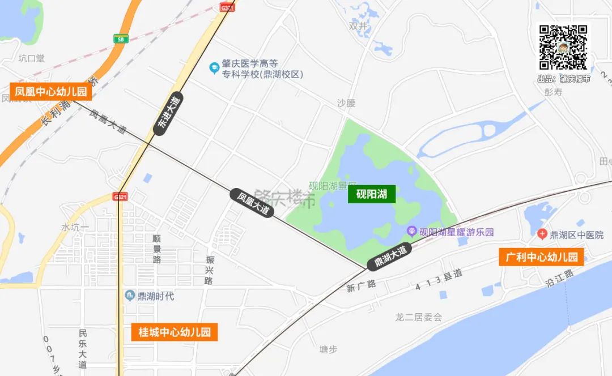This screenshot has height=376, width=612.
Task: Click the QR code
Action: pyautogui.click(x=563, y=48)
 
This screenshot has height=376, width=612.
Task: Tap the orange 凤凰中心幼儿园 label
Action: pyautogui.click(x=51, y=91)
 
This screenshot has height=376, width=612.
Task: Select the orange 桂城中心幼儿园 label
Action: pyautogui.click(x=175, y=332)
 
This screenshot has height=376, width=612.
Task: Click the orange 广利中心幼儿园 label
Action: pyautogui.click(x=541, y=257)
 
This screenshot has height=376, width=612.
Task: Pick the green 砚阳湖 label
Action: pyautogui.click(x=372, y=194)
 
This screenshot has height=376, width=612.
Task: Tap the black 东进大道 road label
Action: pyautogui.click(x=168, y=113)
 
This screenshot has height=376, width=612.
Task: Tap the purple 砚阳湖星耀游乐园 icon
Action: pyautogui.click(x=412, y=232)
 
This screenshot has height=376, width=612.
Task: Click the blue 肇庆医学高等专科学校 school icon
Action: pyautogui.click(x=214, y=69)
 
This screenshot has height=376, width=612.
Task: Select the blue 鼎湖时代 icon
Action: pyautogui.click(x=130, y=296)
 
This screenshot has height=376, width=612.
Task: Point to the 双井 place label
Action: pyautogui.click(x=358, y=25)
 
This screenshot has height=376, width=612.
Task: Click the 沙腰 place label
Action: pyautogui.click(x=346, y=103)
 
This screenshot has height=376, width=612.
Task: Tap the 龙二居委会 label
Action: pyautogui.click(x=418, y=318)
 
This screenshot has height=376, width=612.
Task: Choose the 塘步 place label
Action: pyautogui.click(x=328, y=349)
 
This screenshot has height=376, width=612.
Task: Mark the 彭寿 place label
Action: pyautogui.click(x=553, y=92)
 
